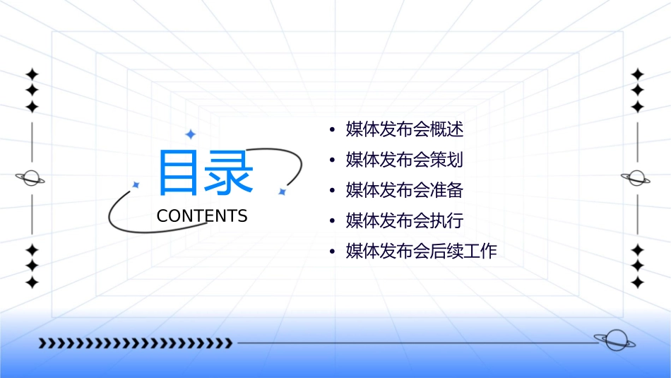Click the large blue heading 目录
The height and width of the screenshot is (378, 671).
(x=205, y=172)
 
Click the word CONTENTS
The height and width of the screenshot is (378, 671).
(x=202, y=216)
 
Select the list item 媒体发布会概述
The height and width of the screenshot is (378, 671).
(x=405, y=129)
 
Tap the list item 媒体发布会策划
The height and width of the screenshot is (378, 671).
(x=405, y=160)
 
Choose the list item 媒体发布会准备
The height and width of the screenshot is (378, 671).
(x=405, y=190)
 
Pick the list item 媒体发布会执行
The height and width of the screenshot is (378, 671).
(x=405, y=220)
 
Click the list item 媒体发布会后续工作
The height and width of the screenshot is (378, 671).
(x=422, y=251)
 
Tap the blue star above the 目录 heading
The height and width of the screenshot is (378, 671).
(x=189, y=134)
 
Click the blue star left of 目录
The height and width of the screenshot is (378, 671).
(x=136, y=184)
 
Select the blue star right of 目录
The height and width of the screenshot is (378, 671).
(x=281, y=191)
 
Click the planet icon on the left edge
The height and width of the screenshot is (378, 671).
(x=31, y=178)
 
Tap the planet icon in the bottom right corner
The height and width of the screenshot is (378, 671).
(x=614, y=341)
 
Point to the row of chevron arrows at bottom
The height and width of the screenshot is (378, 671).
(x=135, y=343)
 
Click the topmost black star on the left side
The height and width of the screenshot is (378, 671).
(x=31, y=73)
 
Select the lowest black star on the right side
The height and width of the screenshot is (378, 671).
(x=638, y=283)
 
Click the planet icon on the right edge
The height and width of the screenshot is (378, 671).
(x=637, y=178)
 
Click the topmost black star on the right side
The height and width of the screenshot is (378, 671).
(x=638, y=73)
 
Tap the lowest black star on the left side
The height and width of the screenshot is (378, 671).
(x=31, y=283)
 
